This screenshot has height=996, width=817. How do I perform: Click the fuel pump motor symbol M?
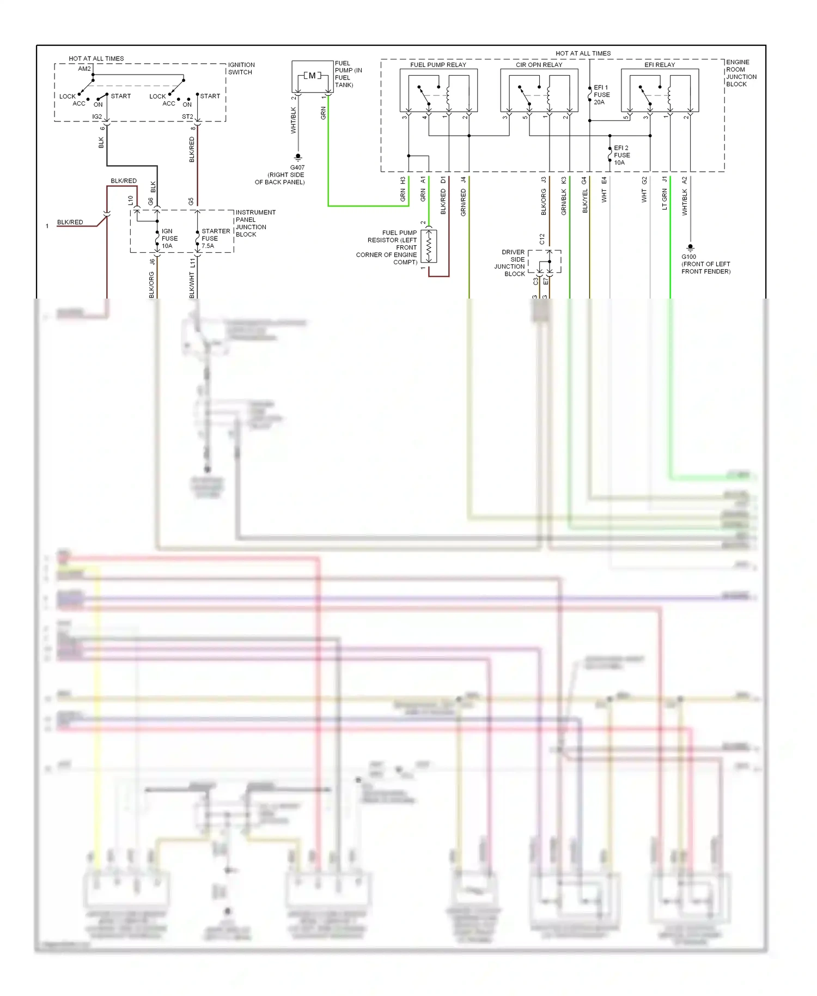pyautogui.click(x=312, y=76)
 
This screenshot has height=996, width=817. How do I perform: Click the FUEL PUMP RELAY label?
pyautogui.click(x=438, y=65)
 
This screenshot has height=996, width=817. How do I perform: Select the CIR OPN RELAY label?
pyautogui.click(x=539, y=65)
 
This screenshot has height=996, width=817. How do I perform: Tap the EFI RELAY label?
pyautogui.click(x=660, y=65)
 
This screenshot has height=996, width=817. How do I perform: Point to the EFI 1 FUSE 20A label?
pyautogui.click(x=601, y=95)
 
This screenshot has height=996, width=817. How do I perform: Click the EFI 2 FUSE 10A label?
pyautogui.click(x=621, y=155)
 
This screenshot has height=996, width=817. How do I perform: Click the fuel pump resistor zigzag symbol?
pyautogui.click(x=429, y=246)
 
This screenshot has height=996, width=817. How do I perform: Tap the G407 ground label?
pyautogui.click(x=297, y=167)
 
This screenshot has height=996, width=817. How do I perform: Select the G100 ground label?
pyautogui.click(x=688, y=257)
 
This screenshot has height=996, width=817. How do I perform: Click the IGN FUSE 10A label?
pyautogui.click(x=169, y=239)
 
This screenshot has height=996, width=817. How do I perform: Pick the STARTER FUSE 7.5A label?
pyautogui.click(x=215, y=239)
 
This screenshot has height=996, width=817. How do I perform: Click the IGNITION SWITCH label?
pyautogui.click(x=241, y=69)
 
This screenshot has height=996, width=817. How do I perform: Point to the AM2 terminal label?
pyautogui.click(x=84, y=69)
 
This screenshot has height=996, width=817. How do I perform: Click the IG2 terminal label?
pyautogui.click(x=97, y=117)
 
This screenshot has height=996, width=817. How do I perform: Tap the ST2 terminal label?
pyautogui.click(x=187, y=117)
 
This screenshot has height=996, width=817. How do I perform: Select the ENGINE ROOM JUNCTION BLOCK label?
pyautogui.click(x=741, y=73)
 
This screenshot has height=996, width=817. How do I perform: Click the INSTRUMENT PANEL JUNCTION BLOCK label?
pyautogui.click(x=255, y=223)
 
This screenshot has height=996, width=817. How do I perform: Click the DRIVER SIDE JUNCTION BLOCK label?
pyautogui.click(x=511, y=263)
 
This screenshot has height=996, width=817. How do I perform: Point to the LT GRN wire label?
pyautogui.click(x=664, y=199)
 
